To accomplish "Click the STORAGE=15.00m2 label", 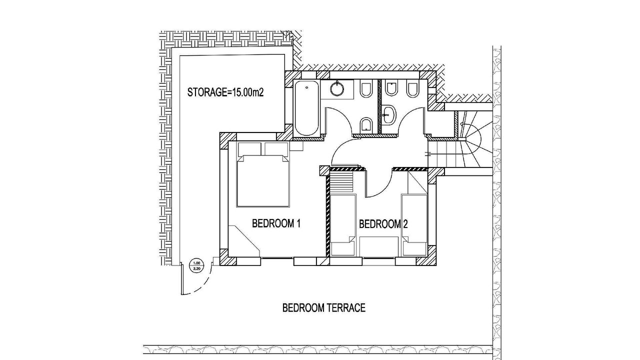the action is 225,92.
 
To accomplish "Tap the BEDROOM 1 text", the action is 276,223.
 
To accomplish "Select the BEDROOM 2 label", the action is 383,224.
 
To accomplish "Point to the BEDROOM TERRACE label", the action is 323,307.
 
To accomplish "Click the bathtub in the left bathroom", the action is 306,108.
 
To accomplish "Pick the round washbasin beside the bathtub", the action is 337,87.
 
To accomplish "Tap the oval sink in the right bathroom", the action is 389,115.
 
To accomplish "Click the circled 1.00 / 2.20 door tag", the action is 196,266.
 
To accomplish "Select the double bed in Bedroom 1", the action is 263,180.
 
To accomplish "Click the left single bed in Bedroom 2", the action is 343,225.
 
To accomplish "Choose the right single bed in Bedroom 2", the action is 414,225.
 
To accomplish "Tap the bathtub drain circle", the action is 307,87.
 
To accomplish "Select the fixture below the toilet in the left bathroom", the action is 365,124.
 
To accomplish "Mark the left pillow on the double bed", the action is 249,149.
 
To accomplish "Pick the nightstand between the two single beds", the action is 379,246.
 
